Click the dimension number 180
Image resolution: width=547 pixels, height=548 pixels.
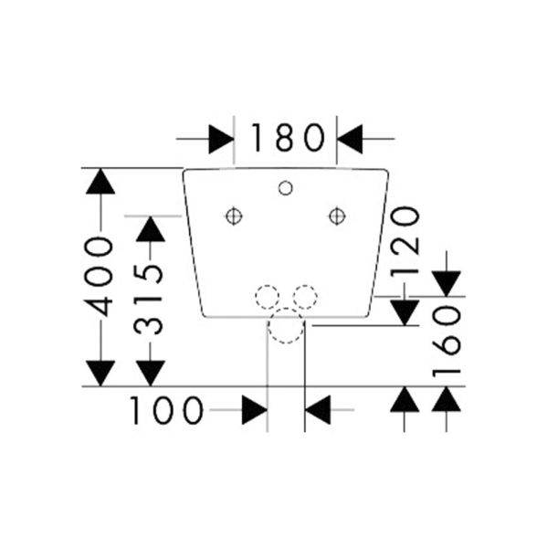point(288,137)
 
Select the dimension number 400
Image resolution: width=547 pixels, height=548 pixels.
point(99,277)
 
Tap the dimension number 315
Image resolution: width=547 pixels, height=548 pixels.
point(149,300)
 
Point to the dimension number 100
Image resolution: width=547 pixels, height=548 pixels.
point(166,410)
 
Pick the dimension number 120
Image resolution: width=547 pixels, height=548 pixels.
point(405,241)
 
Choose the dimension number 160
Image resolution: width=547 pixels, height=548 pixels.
point(447,341)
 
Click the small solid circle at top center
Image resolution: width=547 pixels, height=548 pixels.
point(286,188)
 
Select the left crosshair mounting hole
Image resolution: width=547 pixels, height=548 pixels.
point(234,216)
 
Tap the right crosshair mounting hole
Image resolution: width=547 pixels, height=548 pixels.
point(337,216)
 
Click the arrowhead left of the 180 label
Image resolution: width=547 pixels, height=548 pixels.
point(221,139)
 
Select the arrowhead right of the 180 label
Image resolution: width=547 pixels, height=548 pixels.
point(350,139)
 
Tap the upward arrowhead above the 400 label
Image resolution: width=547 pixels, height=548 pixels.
point(100,182)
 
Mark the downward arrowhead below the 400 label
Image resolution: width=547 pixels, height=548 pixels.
point(100,374)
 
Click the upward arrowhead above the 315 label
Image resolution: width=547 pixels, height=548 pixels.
point(151,229)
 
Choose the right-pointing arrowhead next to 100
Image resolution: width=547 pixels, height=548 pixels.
point(255,410)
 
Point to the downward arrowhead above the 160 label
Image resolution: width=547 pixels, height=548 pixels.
point(447,283)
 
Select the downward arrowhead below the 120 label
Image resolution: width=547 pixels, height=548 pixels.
point(405,312)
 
